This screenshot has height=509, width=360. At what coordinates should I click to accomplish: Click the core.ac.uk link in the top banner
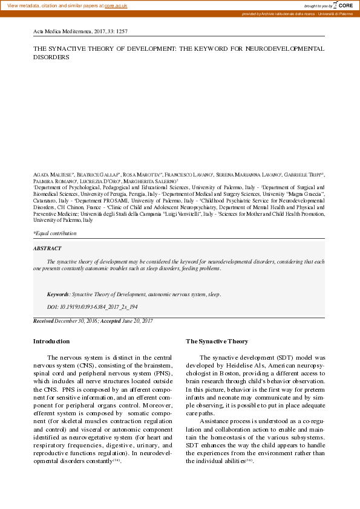[116, 5]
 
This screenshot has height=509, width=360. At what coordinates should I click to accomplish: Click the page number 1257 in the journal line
[120, 30]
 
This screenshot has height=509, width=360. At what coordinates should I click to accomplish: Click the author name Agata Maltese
[49, 174]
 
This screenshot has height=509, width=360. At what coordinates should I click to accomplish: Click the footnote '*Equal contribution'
[54, 233]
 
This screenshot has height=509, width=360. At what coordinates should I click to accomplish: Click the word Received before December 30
[44, 321]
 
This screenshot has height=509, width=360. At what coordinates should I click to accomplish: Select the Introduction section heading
[51, 342]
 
